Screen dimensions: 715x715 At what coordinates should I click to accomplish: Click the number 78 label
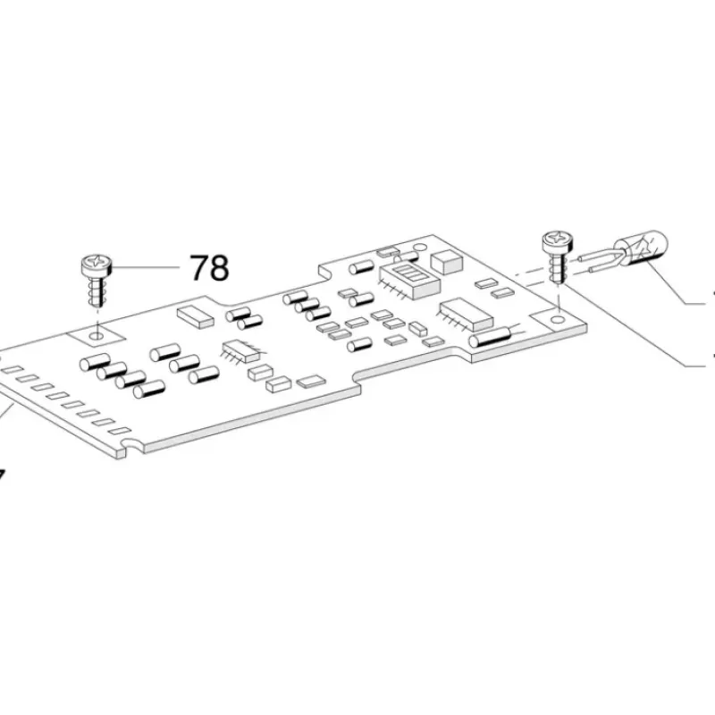coord(208,267)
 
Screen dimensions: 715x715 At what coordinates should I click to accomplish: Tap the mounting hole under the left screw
coord(96,333)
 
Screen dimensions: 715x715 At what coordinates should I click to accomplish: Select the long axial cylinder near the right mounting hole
coord(490,336)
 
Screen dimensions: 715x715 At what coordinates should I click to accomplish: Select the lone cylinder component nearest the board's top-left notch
coord(362,267)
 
